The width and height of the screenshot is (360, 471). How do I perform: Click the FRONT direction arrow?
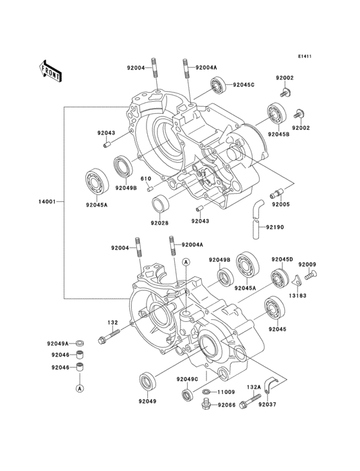(50, 71)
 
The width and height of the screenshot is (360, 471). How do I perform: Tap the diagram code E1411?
(305, 56)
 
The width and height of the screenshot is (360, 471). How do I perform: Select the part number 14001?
(47, 202)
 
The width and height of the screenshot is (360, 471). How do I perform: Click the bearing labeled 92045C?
(218, 85)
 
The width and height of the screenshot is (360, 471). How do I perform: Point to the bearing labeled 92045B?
(277, 113)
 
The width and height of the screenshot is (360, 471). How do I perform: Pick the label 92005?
(281, 205)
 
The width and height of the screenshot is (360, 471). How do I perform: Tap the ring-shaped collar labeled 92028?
(160, 204)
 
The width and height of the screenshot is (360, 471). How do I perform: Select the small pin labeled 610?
(150, 189)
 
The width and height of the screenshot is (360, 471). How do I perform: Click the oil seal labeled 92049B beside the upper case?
(123, 167)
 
